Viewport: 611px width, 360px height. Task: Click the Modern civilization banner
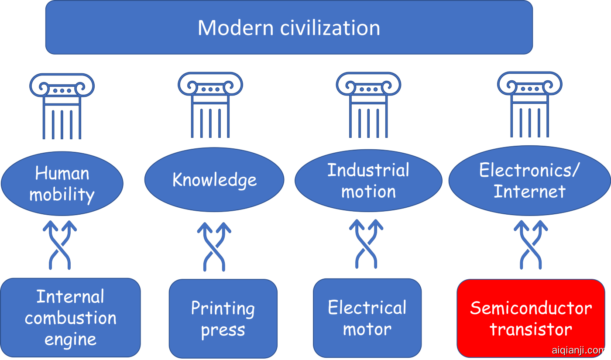click(x=289, y=27)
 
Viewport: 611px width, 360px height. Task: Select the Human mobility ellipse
click(x=62, y=184)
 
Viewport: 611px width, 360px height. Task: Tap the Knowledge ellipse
click(x=214, y=180)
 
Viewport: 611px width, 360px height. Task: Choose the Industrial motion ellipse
click(x=368, y=181)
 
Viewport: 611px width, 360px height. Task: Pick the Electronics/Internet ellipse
click(x=529, y=181)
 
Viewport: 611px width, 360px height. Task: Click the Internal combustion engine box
click(x=70, y=318)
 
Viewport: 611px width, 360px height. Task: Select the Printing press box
click(x=223, y=319)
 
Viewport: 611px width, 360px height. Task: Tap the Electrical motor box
click(x=367, y=318)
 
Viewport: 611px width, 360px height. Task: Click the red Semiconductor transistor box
click(x=531, y=319)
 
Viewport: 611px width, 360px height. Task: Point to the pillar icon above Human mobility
click(x=62, y=106)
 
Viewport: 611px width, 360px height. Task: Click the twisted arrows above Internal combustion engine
click(x=60, y=245)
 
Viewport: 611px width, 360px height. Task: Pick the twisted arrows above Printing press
click(x=214, y=246)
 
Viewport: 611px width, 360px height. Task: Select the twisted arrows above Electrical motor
click(x=366, y=244)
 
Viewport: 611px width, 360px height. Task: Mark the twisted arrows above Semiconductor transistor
click(x=531, y=244)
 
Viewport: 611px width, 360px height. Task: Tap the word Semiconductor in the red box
click(x=531, y=308)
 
